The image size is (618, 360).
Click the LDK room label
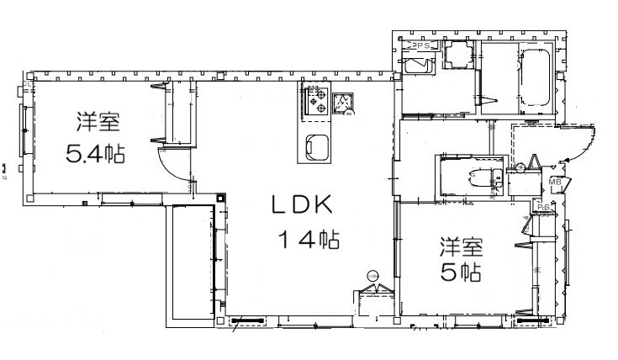point(303,204)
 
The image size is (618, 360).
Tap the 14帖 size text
point(309,240)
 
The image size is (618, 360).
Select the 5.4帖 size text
point(95,154)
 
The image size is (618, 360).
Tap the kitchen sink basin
point(315,148)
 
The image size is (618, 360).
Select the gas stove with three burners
point(315,103)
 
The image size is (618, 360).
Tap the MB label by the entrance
point(555,181)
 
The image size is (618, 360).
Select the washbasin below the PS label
point(415,66)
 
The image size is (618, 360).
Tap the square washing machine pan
point(458,58)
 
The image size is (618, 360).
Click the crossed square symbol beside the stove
point(342,103)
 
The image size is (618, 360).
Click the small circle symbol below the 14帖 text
point(372,274)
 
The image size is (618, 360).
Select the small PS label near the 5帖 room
point(544,207)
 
